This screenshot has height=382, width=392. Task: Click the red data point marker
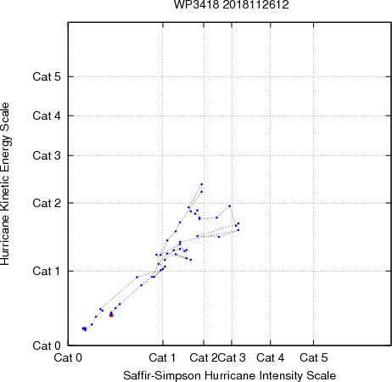pos(111,315)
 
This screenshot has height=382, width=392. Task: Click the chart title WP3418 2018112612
pos(232,5)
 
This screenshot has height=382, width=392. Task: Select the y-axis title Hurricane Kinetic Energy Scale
pos(5,184)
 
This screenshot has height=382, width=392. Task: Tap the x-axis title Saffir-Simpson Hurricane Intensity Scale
pos(230,375)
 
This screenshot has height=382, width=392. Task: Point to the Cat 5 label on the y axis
pos(47,76)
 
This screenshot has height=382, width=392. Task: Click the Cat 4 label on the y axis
pos(47,115)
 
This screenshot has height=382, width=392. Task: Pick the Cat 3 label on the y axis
pos(47,155)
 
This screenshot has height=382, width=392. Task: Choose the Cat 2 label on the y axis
pos(47,203)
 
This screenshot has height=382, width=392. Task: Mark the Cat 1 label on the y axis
pos(47,271)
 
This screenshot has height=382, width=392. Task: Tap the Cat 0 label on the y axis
pos(47,345)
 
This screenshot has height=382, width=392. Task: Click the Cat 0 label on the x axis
pos(68,357)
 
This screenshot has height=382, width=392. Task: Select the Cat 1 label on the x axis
pos(162,357)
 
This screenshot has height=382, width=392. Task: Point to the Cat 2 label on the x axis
pos(204,357)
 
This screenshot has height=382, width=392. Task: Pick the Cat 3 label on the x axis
pos(232,357)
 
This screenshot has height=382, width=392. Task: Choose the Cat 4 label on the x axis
pos(271,357)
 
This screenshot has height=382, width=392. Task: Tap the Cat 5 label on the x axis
pos(314,357)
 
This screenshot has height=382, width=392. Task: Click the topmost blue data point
pos(202,184)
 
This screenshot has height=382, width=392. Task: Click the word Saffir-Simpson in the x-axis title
pos(162,375)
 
